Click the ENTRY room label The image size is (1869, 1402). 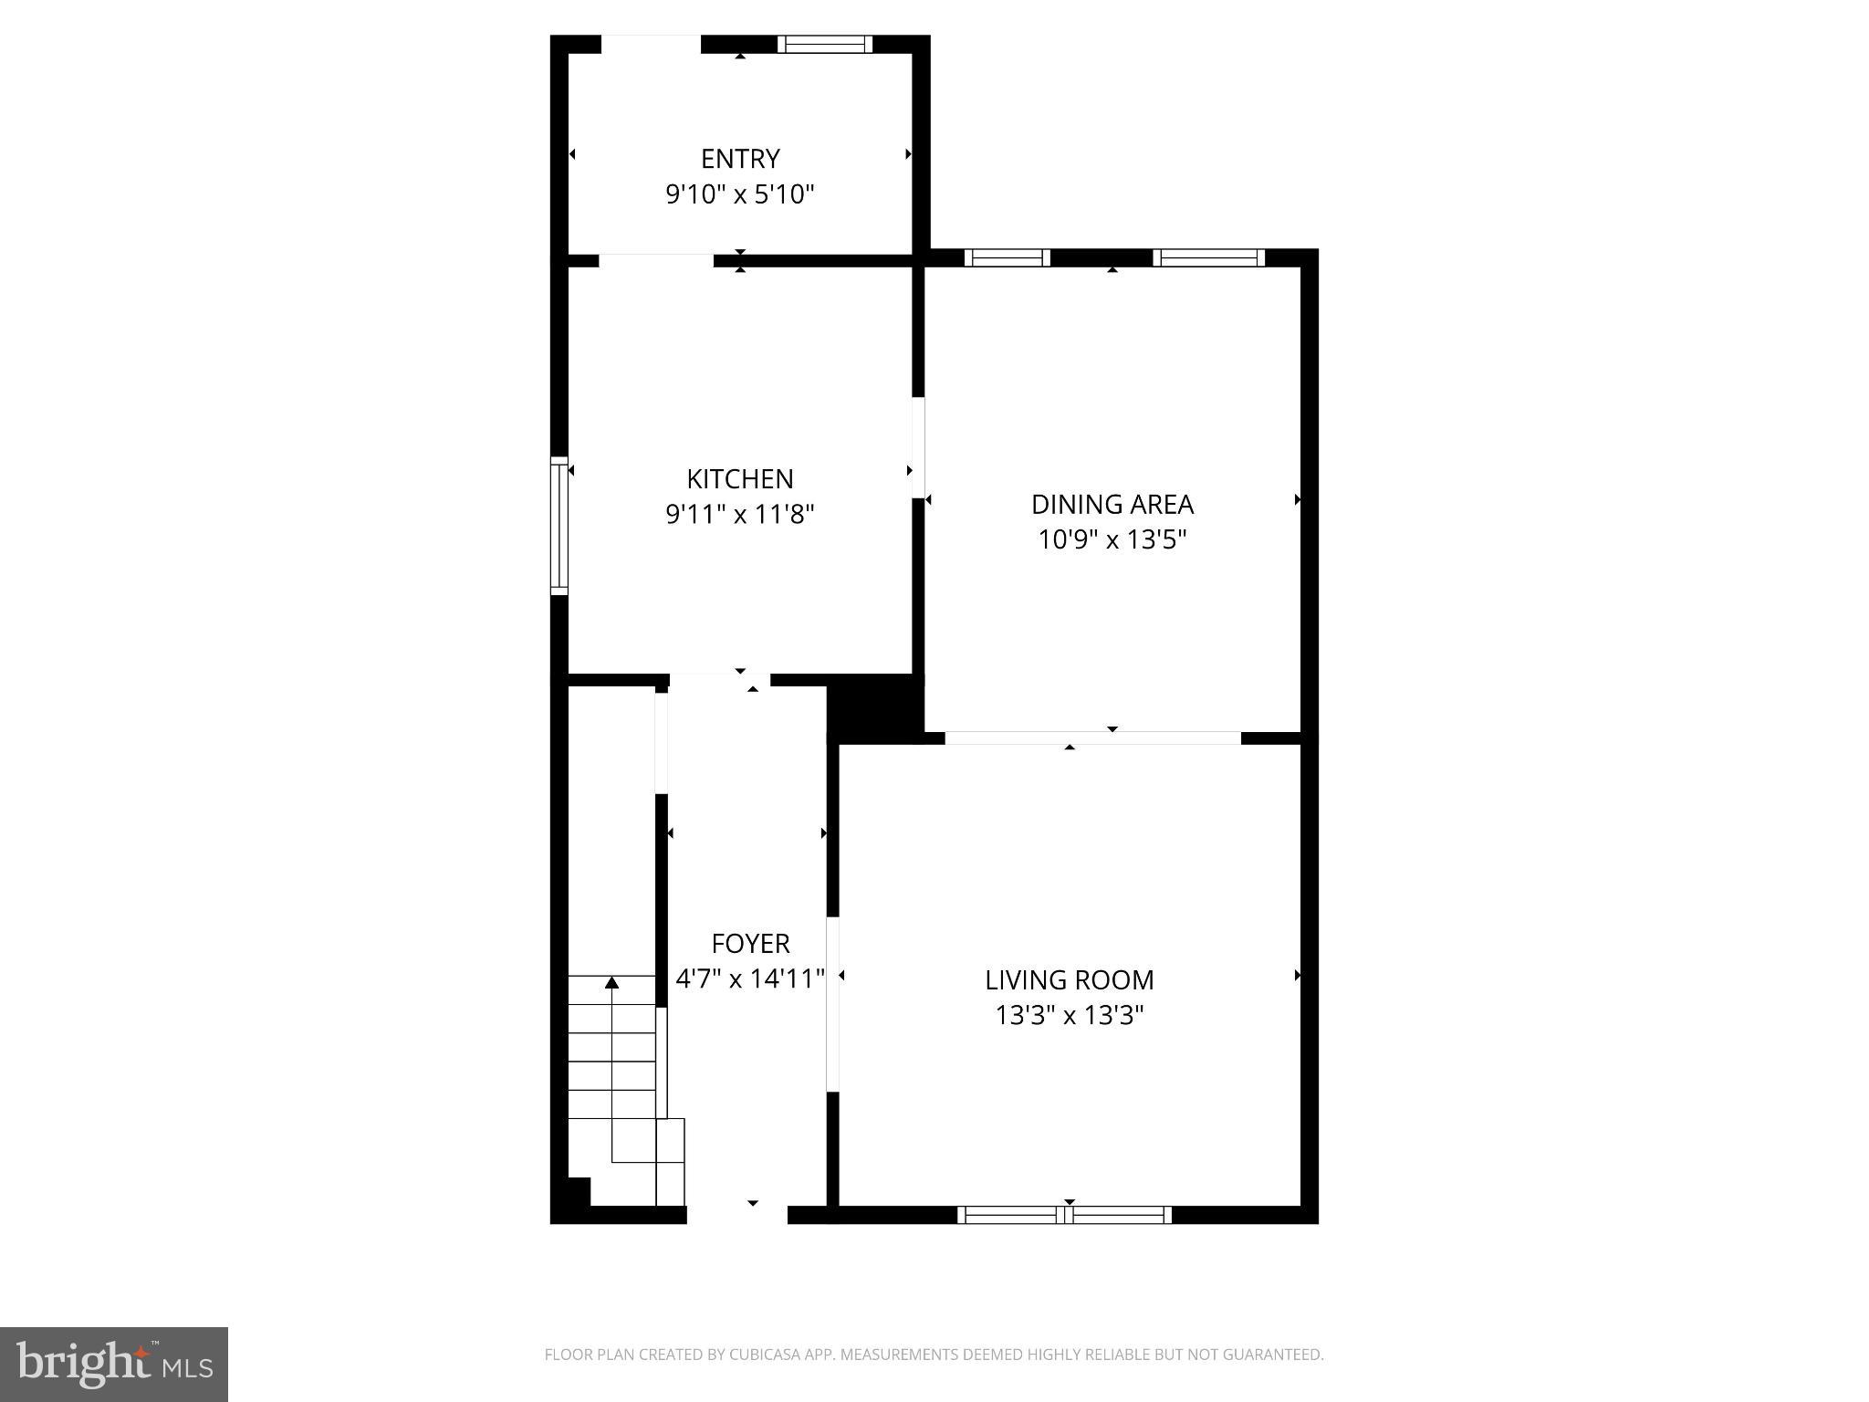pyautogui.click(x=740, y=159)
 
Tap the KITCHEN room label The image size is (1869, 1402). pyautogui.click(x=740, y=478)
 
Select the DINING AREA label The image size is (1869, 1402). pyautogui.click(x=1112, y=504)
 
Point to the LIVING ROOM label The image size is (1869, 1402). pyautogui.click(x=1070, y=979)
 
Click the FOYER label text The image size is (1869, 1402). pyautogui.click(x=750, y=943)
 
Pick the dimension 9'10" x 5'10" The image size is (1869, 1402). pyautogui.click(x=740, y=194)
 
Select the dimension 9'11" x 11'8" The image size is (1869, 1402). pyautogui.click(x=740, y=515)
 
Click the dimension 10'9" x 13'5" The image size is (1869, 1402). pyautogui.click(x=1112, y=539)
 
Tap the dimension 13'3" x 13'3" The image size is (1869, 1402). pyautogui.click(x=1070, y=1015)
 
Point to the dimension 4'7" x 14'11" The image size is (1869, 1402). pyautogui.click(x=750, y=978)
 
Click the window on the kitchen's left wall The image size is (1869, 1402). pyautogui.click(x=559, y=526)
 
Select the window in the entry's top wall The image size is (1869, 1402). pyautogui.click(x=825, y=44)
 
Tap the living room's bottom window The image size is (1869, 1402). pyautogui.click(x=1065, y=1215)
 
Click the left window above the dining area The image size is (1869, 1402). pyautogui.click(x=1008, y=257)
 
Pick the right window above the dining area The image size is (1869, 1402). pyautogui.click(x=1208, y=257)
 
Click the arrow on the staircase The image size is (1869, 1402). pyautogui.click(x=612, y=983)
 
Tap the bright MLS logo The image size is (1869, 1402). pyautogui.click(x=114, y=1365)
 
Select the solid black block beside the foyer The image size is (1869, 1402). pyautogui.click(x=872, y=707)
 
